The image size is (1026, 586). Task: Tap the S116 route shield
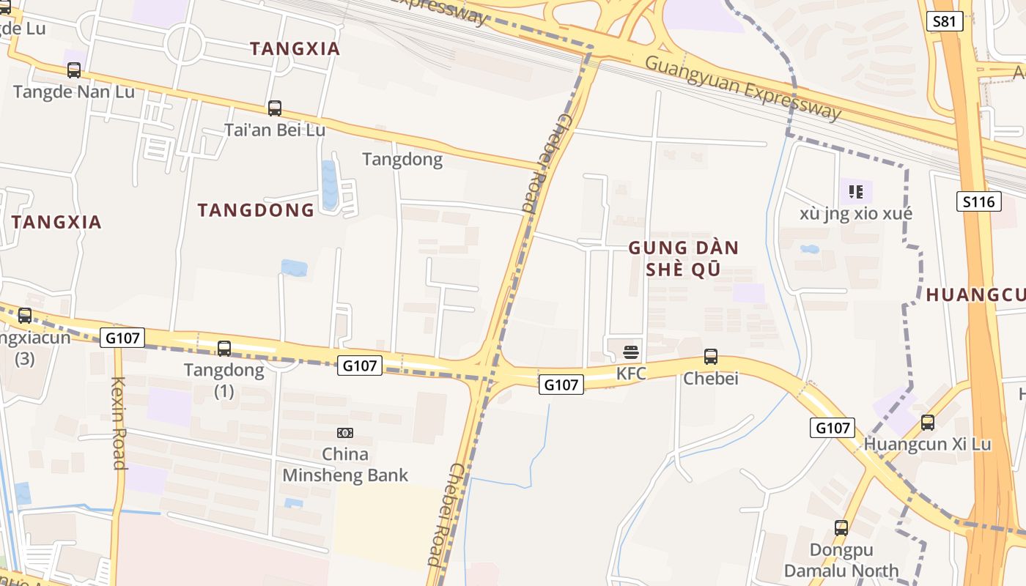click(978, 201)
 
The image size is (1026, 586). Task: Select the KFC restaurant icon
click(631, 352)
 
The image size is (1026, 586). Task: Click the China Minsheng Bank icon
click(344, 433)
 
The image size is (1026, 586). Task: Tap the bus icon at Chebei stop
click(710, 357)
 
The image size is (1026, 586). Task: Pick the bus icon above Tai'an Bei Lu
click(275, 108)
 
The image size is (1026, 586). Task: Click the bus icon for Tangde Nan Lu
click(74, 70)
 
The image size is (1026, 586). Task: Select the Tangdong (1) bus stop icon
click(224, 349)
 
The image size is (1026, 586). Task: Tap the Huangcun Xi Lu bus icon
click(927, 423)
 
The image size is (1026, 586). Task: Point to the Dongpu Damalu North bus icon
click(841, 527)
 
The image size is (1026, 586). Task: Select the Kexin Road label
click(119, 423)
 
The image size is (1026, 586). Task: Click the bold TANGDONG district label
click(256, 210)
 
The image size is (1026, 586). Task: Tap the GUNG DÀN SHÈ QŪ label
click(683, 259)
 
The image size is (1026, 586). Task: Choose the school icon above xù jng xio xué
click(855, 192)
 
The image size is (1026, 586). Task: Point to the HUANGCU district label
click(975, 295)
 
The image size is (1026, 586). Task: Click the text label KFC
click(631, 374)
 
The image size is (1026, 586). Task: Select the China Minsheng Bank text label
click(345, 464)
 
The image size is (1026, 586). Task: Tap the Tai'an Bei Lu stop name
click(275, 130)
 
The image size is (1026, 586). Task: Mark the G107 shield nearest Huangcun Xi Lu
click(833, 428)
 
